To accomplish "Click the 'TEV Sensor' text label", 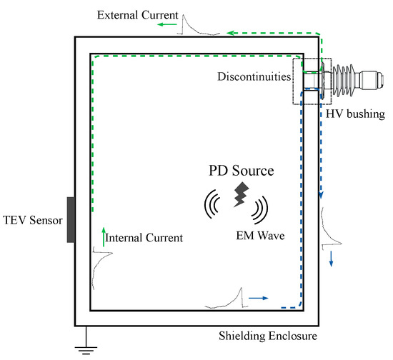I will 30,219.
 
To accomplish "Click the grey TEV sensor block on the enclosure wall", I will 70,219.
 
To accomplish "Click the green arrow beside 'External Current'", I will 168,24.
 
